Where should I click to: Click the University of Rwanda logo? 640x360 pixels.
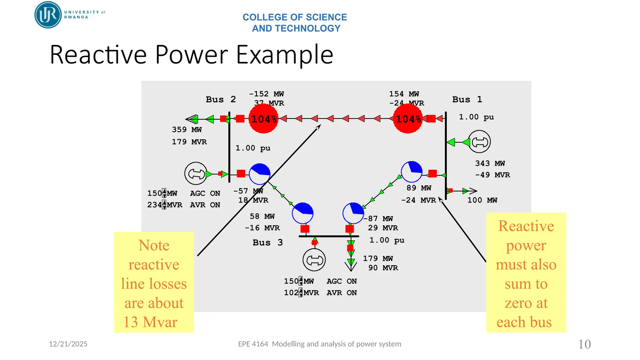pos(48,15)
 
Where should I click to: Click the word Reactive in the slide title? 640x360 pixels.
pos(98,55)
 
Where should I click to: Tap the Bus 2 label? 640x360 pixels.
pos(221,99)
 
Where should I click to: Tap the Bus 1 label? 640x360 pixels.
pos(467,99)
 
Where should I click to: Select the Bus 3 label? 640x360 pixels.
pos(267,242)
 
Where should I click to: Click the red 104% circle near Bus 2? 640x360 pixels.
pos(263,119)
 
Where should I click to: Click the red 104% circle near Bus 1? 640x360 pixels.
pos(408,119)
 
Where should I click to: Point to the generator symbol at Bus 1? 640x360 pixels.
pos(479,142)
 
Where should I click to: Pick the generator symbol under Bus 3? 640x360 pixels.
pos(314,260)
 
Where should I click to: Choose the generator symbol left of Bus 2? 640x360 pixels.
pos(196,173)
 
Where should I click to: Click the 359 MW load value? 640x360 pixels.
pos(187,129)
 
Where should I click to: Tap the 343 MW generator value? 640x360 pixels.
pos(490,163)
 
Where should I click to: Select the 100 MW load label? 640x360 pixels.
pos(482,200)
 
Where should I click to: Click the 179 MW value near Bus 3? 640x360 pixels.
pos(377,258)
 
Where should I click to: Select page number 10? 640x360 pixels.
pos(584,344)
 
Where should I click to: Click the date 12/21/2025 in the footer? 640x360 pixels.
pos(68,344)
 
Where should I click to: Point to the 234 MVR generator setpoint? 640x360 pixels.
pos(164,205)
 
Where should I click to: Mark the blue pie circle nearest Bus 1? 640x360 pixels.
pos(412,172)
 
